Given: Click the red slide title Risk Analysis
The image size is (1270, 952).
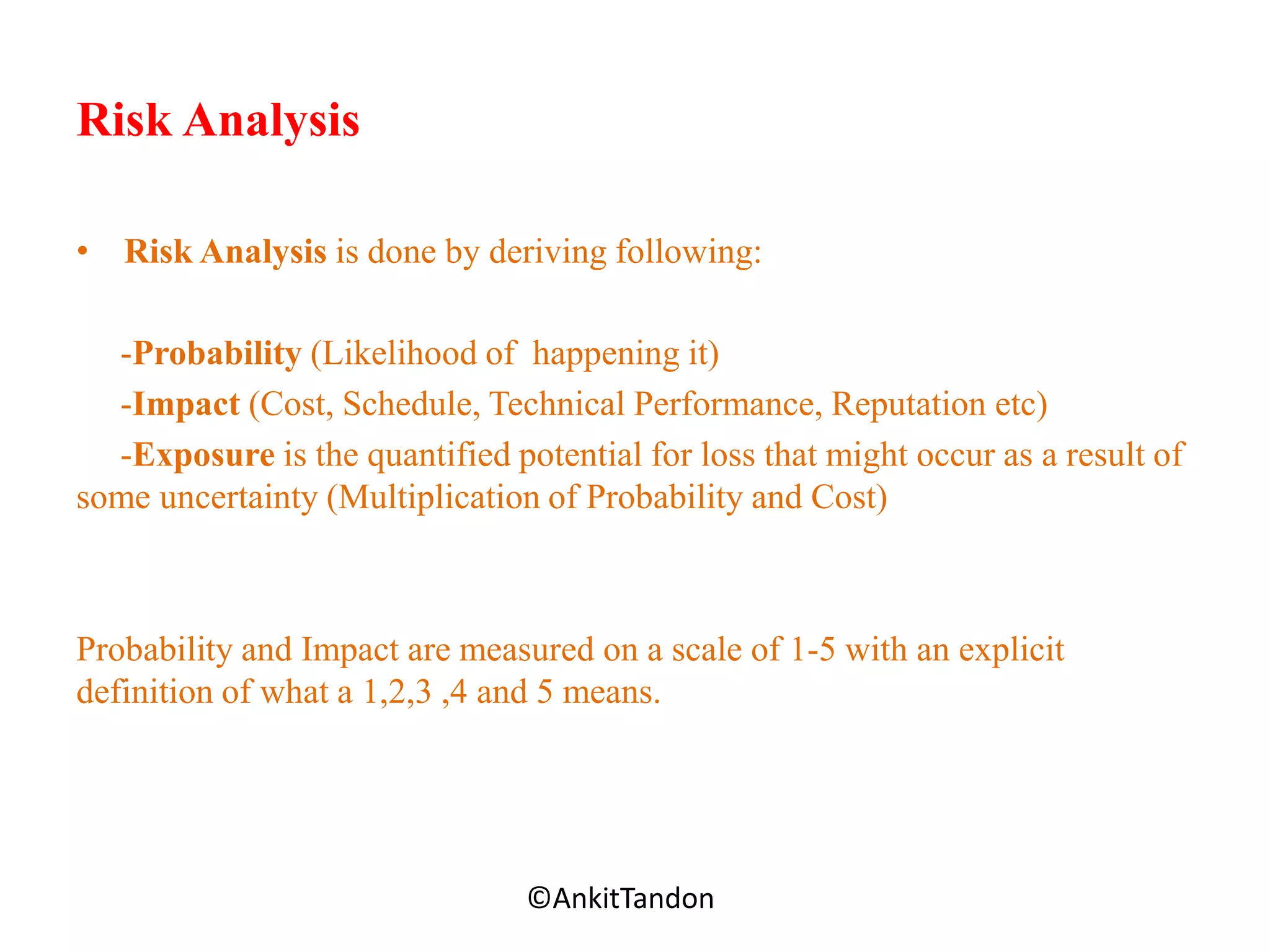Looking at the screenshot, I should [218, 120].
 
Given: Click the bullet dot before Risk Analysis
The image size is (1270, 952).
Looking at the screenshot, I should [82, 252].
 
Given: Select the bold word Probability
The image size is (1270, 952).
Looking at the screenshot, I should [217, 354].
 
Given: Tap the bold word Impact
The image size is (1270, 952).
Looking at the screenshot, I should [186, 405].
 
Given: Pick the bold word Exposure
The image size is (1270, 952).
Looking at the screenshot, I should [203, 455].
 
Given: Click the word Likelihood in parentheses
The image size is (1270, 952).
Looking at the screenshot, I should [399, 354].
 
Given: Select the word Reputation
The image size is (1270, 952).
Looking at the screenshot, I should [908, 405].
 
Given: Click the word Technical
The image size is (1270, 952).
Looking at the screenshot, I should [556, 405].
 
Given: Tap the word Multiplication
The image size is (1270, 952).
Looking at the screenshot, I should [439, 498].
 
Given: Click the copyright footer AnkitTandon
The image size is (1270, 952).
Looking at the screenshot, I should [621, 899].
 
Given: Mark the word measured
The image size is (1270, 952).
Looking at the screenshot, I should [526, 650].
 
